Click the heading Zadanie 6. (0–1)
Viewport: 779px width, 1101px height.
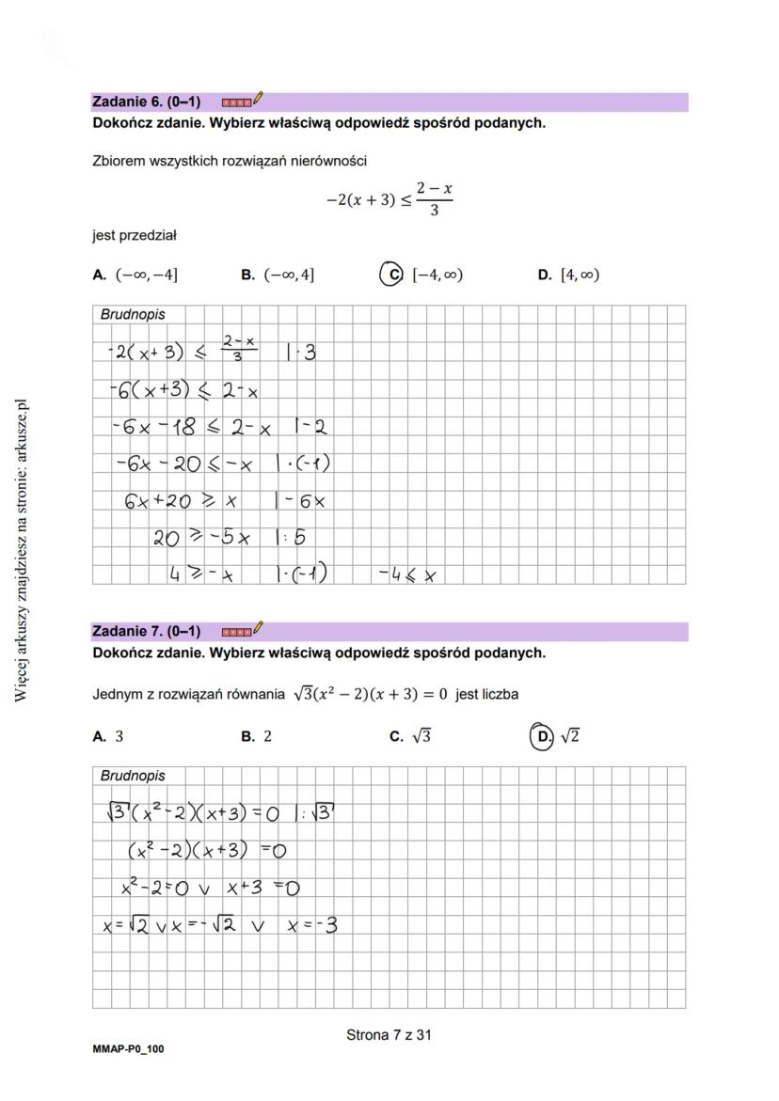[146, 102]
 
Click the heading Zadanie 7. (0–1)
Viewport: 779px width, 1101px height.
[146, 631]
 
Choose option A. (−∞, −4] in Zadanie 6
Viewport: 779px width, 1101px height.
[135, 275]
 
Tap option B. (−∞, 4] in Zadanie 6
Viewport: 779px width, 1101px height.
[278, 275]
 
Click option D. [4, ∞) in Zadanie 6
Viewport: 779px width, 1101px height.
[568, 275]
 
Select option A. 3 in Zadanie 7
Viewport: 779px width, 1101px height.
[108, 737]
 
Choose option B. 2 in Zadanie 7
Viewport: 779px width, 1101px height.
[257, 737]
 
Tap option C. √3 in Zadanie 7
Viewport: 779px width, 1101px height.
[410, 737]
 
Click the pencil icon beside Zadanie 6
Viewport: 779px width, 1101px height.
[259, 98]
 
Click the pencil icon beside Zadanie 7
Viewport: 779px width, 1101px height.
[259, 627]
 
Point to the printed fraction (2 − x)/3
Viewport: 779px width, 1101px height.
[434, 199]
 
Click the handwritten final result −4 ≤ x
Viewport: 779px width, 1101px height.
[407, 573]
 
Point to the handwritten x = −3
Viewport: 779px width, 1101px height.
[312, 925]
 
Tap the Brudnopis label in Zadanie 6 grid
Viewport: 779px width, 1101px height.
[132, 315]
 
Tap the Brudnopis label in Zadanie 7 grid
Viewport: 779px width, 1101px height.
[132, 776]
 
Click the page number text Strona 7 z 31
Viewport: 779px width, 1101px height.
[389, 1035]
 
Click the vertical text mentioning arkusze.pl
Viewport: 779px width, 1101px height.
[22, 550]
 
